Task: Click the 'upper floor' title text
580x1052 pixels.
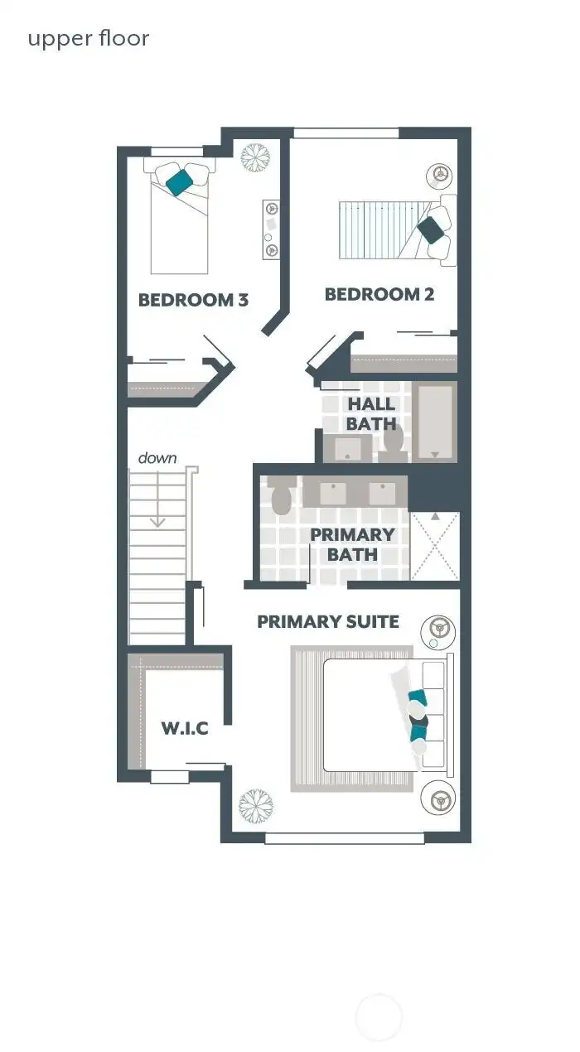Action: (x=89, y=38)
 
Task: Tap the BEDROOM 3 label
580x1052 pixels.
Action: (x=193, y=300)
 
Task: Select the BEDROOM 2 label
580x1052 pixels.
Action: (x=379, y=294)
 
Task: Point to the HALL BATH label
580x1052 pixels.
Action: (x=371, y=414)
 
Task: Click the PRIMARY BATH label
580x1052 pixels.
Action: (x=352, y=544)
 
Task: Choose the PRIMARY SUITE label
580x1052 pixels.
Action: (x=328, y=621)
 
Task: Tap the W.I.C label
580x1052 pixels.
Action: (x=184, y=729)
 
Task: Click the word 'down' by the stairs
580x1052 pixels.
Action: (x=157, y=458)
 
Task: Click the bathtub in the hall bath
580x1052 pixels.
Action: (x=436, y=422)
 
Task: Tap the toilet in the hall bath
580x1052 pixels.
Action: (x=394, y=441)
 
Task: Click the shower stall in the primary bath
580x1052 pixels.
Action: (x=435, y=547)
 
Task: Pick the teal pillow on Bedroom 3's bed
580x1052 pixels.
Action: (x=176, y=181)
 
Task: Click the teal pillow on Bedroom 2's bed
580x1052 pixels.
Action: (x=430, y=229)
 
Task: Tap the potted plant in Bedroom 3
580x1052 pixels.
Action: (x=256, y=157)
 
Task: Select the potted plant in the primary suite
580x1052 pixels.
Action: (x=255, y=804)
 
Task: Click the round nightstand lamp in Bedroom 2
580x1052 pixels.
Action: (x=438, y=176)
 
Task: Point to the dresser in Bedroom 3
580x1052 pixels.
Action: (x=271, y=229)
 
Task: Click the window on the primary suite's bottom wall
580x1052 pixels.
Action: (x=345, y=838)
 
